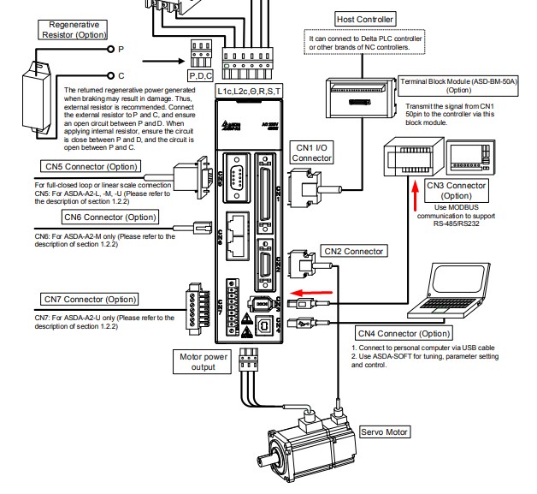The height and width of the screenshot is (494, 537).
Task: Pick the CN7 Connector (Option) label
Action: tap(90, 300)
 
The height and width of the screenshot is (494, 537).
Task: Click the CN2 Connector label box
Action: tap(353, 251)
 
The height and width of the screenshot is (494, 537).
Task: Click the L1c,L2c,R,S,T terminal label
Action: tap(247, 89)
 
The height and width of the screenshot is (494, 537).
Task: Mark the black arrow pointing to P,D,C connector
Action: tap(163, 62)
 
